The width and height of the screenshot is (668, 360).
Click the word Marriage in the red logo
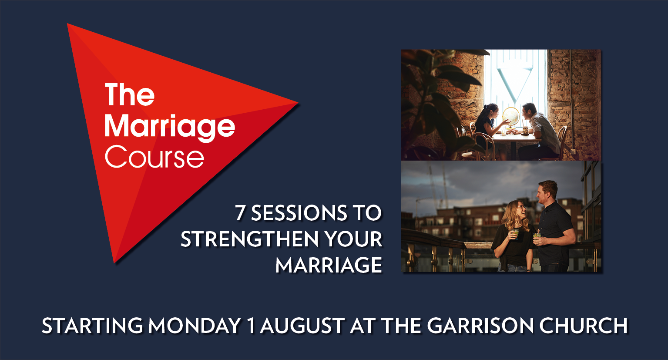point(170,128)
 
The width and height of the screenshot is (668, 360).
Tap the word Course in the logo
point(154,157)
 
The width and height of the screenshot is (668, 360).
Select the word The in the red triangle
point(129,94)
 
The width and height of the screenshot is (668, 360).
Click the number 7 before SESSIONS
point(240,213)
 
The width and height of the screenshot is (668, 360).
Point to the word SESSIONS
point(299,213)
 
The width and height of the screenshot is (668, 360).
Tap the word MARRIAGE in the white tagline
point(329,265)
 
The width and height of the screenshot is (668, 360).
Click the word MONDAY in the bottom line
point(195,325)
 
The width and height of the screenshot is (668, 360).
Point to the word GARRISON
point(480,325)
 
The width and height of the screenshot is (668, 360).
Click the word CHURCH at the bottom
point(584,325)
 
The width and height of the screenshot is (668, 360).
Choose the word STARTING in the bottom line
point(92,325)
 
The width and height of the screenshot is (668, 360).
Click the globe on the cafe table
point(511,117)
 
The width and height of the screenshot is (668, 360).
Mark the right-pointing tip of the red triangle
point(298,103)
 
